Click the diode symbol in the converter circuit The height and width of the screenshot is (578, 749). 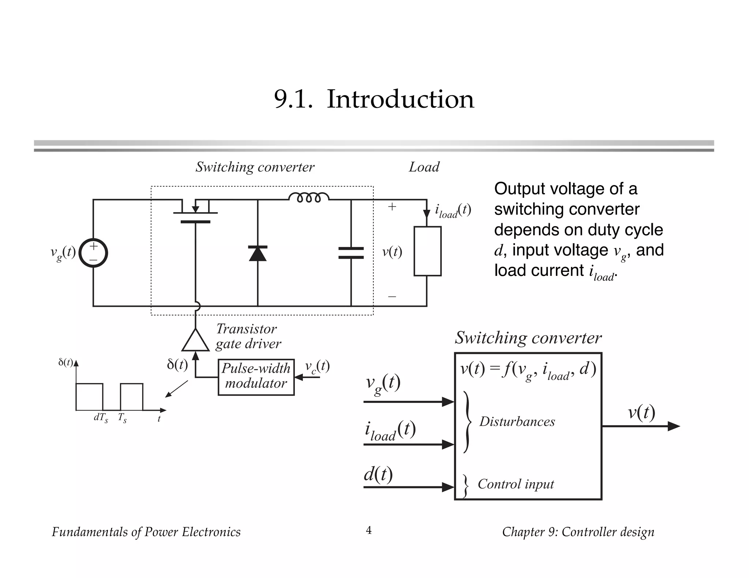click(x=257, y=253)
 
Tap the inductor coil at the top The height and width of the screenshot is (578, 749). click(x=309, y=198)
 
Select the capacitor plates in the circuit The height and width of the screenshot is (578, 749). click(x=351, y=253)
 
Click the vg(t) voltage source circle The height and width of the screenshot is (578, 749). click(x=93, y=253)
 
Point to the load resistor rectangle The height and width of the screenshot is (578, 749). click(x=427, y=251)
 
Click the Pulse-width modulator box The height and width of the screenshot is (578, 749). click(x=256, y=377)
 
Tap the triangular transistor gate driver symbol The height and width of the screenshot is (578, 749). click(x=195, y=341)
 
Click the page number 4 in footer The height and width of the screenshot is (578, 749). click(x=369, y=530)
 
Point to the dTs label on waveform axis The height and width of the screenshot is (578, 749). click(x=101, y=418)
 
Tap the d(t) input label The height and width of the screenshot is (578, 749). click(x=378, y=474)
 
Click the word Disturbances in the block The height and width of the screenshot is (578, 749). click(x=517, y=422)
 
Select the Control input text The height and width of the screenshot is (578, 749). click(x=516, y=484)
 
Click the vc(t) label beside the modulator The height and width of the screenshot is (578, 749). click(x=317, y=366)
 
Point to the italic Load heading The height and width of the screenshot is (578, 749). click(x=424, y=167)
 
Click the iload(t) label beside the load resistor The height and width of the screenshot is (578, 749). click(x=452, y=211)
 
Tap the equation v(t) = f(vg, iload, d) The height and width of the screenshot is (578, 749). click(x=528, y=370)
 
